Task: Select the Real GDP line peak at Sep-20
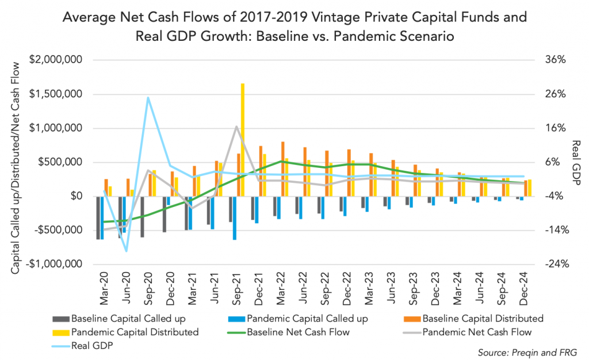[x=148, y=98]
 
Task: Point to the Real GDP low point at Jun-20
[x=126, y=251]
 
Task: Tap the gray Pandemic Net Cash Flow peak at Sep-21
[x=236, y=127]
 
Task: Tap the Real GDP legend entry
[x=89, y=346]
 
